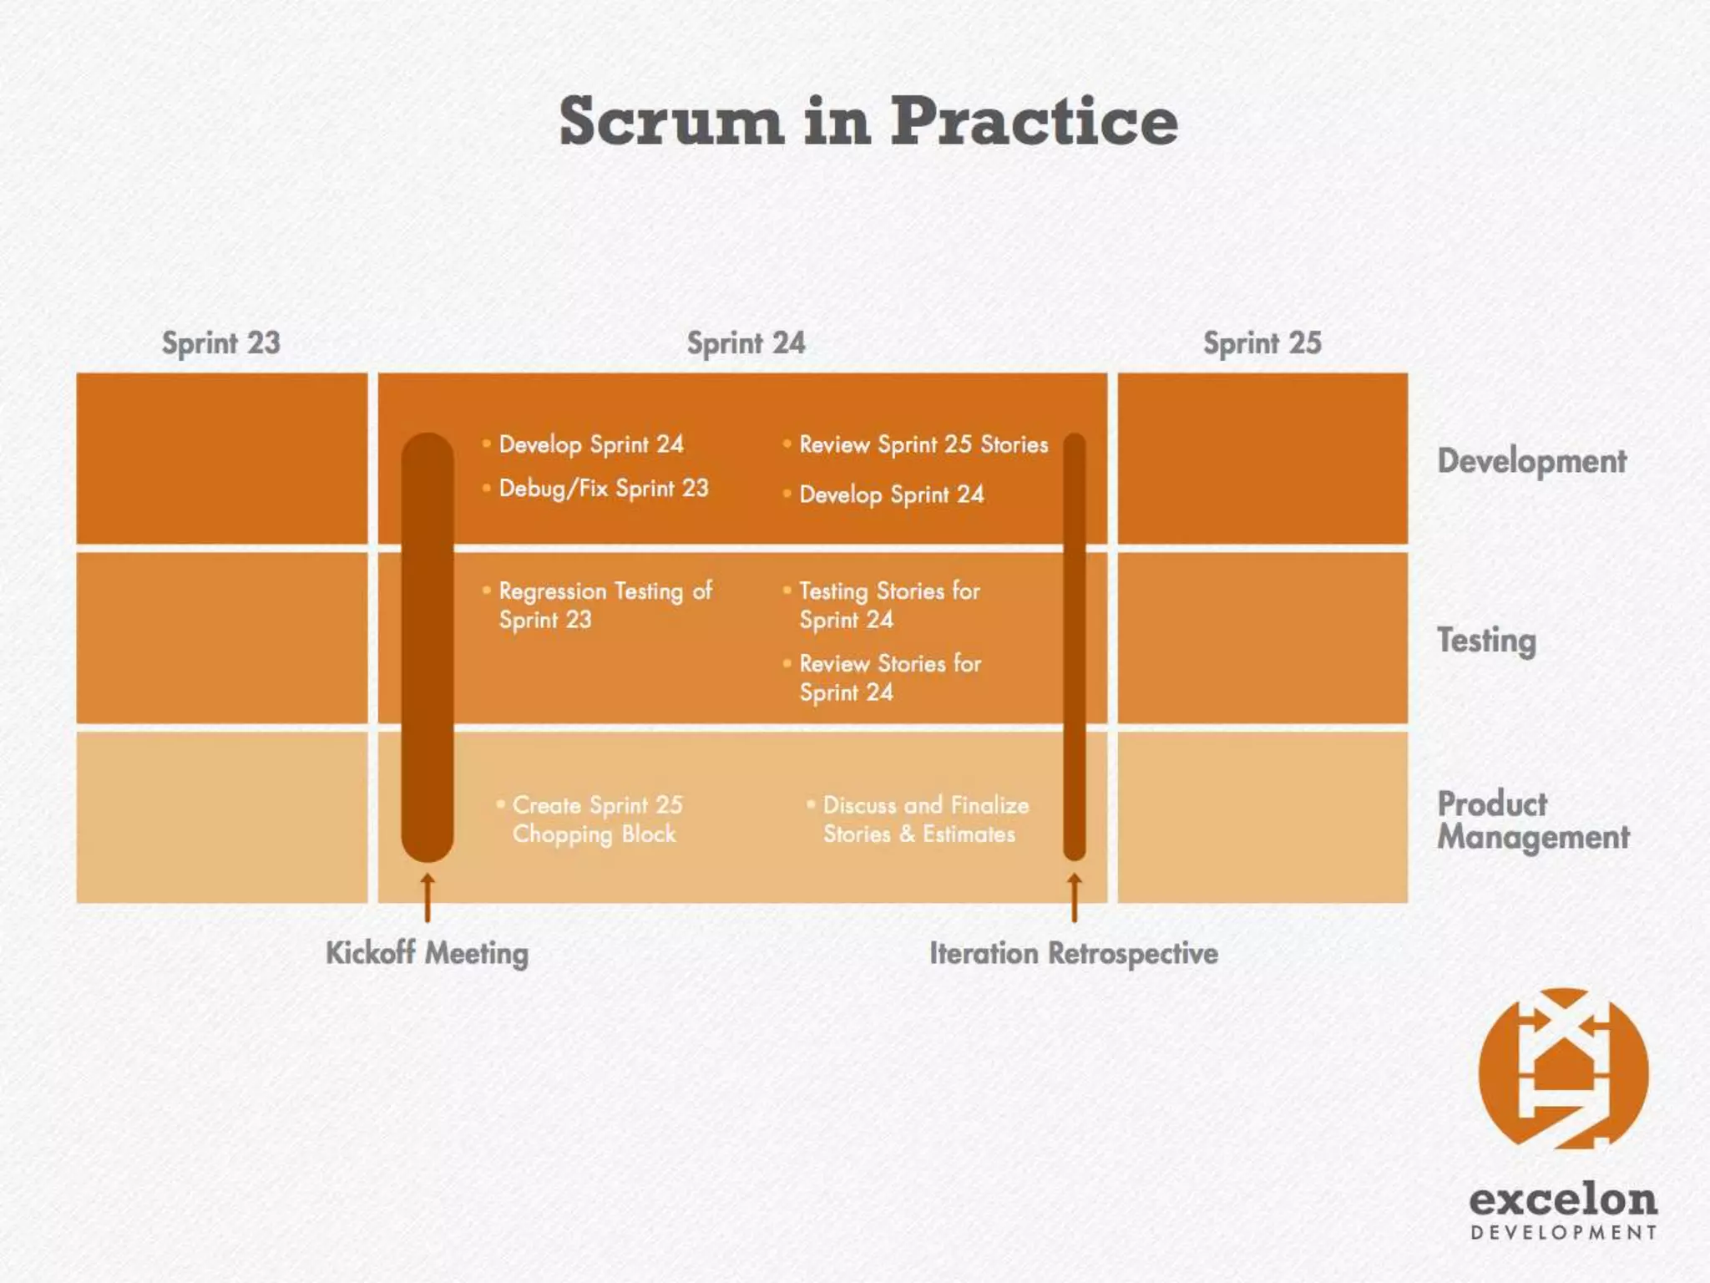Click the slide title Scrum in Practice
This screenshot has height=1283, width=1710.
868,121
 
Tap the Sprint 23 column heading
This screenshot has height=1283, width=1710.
221,343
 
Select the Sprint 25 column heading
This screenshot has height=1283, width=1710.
1262,343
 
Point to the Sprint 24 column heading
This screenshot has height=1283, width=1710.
746,343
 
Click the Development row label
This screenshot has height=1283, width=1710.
1531,461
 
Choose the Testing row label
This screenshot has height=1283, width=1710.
1486,641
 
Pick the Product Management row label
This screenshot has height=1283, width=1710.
1532,820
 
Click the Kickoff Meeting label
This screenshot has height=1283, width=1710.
427,953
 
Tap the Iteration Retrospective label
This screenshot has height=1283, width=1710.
1074,953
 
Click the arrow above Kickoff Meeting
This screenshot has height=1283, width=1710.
427,897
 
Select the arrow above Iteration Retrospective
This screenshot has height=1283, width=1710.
1075,897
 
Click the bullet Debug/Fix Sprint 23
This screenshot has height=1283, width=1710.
603,489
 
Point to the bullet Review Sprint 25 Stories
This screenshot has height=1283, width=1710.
923,444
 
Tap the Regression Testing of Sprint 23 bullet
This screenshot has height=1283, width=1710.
605,605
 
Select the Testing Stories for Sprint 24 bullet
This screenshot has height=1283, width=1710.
889,605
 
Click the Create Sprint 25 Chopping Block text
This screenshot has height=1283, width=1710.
597,819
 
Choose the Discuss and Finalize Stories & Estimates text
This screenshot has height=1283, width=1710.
925,819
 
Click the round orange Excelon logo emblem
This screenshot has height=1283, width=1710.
1563,1069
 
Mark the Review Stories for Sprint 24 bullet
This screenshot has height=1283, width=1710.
889,677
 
